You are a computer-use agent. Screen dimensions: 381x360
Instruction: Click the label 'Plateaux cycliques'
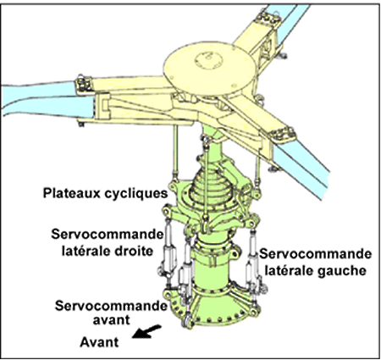[105, 194]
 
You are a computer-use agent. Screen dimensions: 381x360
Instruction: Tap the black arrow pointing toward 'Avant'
[147, 331]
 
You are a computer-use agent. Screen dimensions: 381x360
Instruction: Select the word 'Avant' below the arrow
[99, 342]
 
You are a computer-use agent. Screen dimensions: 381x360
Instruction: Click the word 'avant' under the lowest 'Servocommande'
[112, 320]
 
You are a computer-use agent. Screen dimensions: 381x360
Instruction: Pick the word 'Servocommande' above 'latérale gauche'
[316, 254]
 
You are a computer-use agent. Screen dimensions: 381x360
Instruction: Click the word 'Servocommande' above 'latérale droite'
[108, 235]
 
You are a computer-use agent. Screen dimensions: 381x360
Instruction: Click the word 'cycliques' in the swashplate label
[136, 194]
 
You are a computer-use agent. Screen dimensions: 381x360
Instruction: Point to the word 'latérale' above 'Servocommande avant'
[85, 251]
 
